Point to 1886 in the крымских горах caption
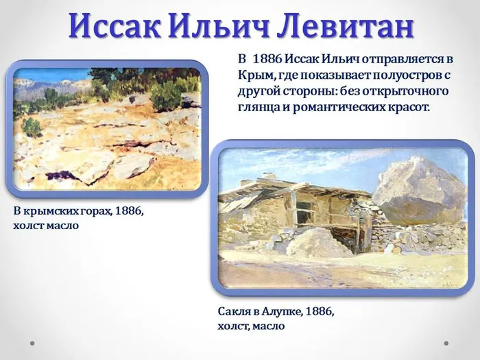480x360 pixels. click(129, 211)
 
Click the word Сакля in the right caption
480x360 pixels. click(235, 312)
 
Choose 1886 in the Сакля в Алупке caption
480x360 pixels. click(320, 312)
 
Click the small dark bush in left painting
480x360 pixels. click(32, 127)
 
